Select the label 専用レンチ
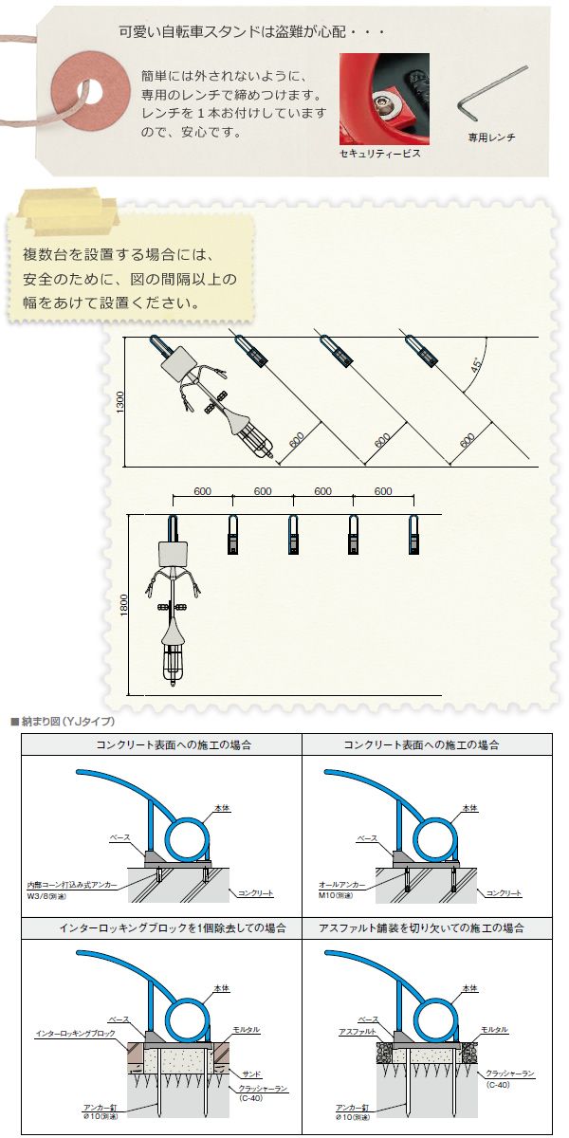[491, 138]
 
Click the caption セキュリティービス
[380, 153]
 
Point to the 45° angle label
[475, 366]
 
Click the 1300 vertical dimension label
[120, 402]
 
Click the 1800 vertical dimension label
[125, 605]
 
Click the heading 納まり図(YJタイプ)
[63, 721]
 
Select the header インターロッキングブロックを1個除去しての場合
[173, 928]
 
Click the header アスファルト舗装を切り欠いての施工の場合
[422, 928]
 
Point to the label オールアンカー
[341, 885]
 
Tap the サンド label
[251, 1074]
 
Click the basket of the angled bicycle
[260, 442]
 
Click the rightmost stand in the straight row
[413, 534]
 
